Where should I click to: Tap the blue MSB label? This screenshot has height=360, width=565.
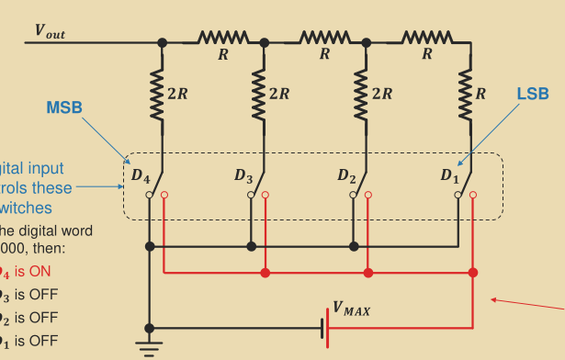(x=64, y=107)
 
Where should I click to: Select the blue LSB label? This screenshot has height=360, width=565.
(x=532, y=94)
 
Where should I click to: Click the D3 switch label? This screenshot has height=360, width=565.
(x=243, y=174)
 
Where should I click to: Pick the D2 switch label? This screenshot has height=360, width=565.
(x=346, y=174)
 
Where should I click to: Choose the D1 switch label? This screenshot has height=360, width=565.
(x=448, y=174)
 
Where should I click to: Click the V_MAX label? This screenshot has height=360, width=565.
(x=351, y=309)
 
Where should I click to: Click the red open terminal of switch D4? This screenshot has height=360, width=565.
(x=164, y=196)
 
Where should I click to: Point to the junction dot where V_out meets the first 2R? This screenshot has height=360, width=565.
(x=163, y=41)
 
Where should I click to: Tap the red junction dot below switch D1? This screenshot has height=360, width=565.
(x=472, y=273)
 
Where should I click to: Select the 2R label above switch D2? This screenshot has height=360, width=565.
(x=381, y=93)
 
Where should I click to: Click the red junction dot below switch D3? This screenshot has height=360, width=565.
(x=266, y=273)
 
